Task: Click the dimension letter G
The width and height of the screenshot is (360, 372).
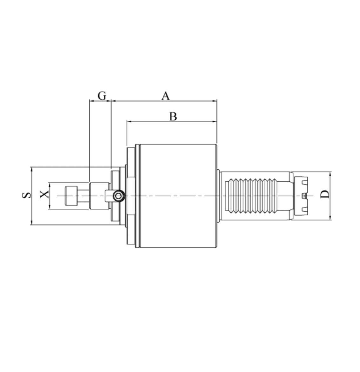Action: point(102,96)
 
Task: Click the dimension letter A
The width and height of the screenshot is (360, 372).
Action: point(166,96)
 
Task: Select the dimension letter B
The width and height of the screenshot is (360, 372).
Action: point(173,117)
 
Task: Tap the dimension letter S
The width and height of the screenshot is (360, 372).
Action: point(26,195)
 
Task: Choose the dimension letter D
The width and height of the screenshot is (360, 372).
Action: point(325,194)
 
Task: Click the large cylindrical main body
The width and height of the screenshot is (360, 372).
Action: point(178,196)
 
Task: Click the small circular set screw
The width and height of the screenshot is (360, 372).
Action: point(119,196)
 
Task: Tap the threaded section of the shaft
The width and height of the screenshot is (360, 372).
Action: point(251,196)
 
